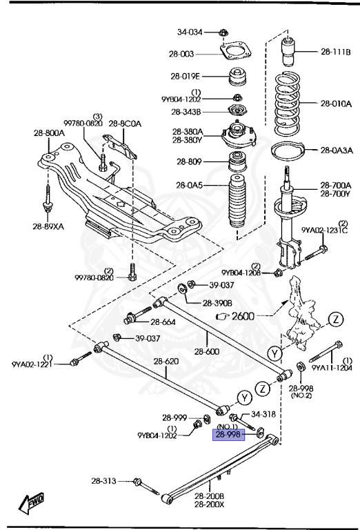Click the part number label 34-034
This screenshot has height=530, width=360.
tap(190, 32)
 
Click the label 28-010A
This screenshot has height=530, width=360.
tap(335, 104)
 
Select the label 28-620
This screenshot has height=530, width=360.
tap(166, 361)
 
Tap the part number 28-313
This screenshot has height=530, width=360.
tap(104, 480)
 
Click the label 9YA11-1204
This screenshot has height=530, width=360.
tap(336, 368)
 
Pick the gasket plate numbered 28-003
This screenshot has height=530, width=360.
tap(236, 52)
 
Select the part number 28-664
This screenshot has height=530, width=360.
tap(164, 322)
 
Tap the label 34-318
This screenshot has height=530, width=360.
tap(263, 415)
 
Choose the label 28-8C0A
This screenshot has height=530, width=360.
tap(125, 124)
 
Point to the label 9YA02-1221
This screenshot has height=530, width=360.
tap(32, 364)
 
